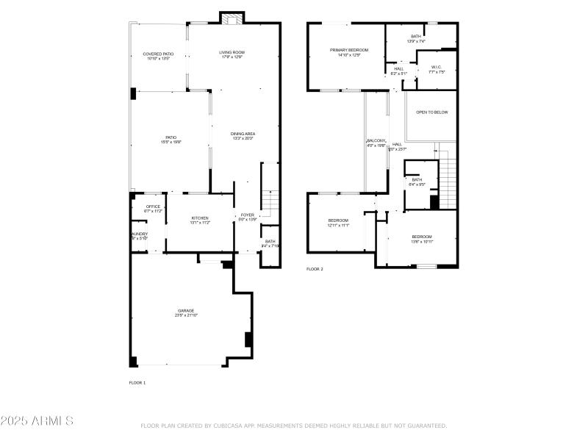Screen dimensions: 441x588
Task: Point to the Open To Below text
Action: pyautogui.click(x=431, y=112)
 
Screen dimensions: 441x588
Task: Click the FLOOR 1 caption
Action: pyautogui.click(x=137, y=383)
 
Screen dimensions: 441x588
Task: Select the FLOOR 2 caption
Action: pyautogui.click(x=315, y=269)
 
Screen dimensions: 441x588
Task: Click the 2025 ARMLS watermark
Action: pyautogui.click(x=37, y=421)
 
